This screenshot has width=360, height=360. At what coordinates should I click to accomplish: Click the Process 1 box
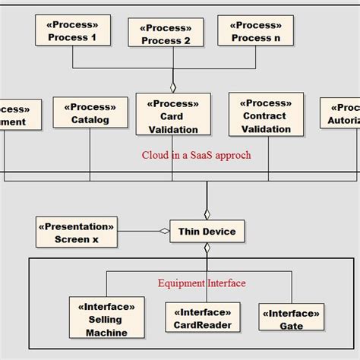72,30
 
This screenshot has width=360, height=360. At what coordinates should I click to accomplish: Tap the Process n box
255,30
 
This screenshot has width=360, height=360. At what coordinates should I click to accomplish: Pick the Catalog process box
90,112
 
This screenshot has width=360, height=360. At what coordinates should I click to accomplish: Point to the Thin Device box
207,232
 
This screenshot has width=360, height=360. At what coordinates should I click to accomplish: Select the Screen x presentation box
77,232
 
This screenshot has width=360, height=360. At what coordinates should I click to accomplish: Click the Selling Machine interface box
106,319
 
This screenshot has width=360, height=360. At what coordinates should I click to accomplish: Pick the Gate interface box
291,319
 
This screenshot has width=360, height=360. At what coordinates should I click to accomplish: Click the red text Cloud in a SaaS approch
196,156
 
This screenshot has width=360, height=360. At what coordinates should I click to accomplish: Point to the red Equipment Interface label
202,283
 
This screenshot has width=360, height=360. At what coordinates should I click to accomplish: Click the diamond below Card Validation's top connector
172,87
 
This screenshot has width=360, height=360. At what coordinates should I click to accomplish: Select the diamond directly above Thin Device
207,213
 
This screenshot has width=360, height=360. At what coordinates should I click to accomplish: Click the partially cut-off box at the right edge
341,113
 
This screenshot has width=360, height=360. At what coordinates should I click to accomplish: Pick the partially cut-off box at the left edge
12,115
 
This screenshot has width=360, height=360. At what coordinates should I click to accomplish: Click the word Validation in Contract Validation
266,128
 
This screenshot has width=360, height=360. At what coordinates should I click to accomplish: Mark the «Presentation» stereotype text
77,226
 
